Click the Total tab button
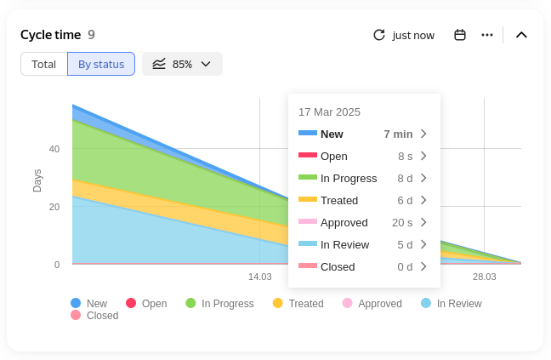coord(44,64)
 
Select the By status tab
coord(101,64)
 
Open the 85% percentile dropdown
coord(182,64)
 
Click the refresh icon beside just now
coord(379,35)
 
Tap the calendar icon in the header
coord(460,35)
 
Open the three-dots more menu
coord(487,35)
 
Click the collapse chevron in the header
coord(522,35)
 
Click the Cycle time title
coord(51,35)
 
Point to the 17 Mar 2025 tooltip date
coord(329,111)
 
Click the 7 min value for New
coord(398,134)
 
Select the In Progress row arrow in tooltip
coord(423,178)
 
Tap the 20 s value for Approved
coord(402,222)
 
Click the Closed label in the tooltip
coord(338,266)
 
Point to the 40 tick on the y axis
coord(54,149)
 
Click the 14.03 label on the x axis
coord(259,277)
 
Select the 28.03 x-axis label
coord(485,277)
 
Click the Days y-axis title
coord(37,180)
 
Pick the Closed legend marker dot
coord(76,315)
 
